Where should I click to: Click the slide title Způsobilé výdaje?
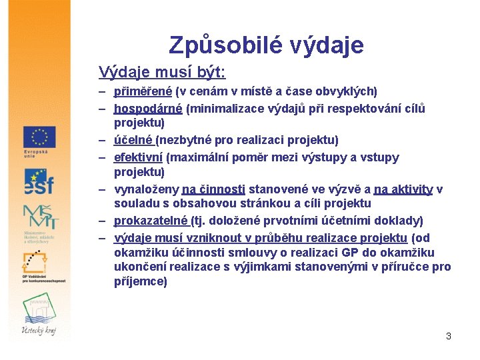click(266, 45)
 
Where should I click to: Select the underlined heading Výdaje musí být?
click(162, 71)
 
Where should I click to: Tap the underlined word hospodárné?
click(148, 109)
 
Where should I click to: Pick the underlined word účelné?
click(133, 140)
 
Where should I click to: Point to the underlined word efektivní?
click(138, 158)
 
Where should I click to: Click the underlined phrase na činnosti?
click(213, 189)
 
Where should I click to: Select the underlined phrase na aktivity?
click(403, 189)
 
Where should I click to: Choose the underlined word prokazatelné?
click(151, 221)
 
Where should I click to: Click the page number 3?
click(449, 336)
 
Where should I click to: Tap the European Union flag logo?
click(39, 137)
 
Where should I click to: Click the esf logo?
click(39, 181)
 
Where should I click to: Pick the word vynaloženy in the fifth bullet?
click(147, 189)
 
